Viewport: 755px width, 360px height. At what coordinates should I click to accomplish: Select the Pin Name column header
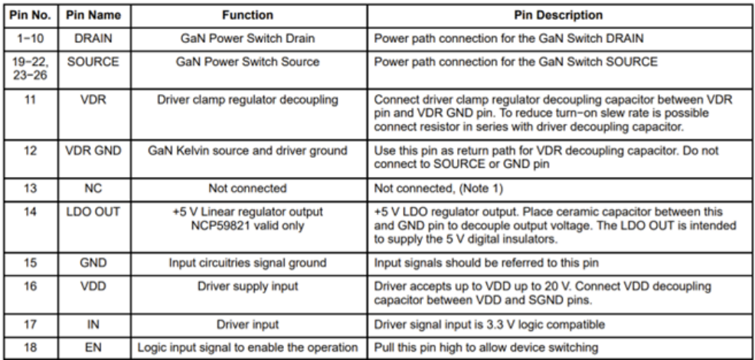tap(93, 15)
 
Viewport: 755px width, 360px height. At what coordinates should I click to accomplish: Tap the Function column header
tap(247, 15)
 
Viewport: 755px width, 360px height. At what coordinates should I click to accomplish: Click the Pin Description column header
tap(558, 15)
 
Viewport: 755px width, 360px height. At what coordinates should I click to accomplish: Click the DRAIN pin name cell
tap(93, 38)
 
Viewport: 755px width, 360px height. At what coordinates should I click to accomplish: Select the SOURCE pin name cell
tap(93, 62)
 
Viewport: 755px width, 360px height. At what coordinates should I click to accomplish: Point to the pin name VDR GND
tap(93, 151)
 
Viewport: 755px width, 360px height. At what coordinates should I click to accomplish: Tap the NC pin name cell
tap(93, 188)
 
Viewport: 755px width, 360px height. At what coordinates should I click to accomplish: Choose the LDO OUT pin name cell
tap(93, 211)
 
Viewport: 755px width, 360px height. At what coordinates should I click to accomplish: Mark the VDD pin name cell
tap(93, 286)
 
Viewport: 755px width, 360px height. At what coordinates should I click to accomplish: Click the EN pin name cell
tap(93, 347)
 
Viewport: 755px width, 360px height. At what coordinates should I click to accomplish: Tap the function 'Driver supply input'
tap(247, 286)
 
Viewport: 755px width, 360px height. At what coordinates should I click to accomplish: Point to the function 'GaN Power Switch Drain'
tap(247, 38)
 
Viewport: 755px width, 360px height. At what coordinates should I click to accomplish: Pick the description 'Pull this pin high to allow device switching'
tap(485, 347)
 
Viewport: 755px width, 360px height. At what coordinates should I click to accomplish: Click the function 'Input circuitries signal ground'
tap(247, 263)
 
